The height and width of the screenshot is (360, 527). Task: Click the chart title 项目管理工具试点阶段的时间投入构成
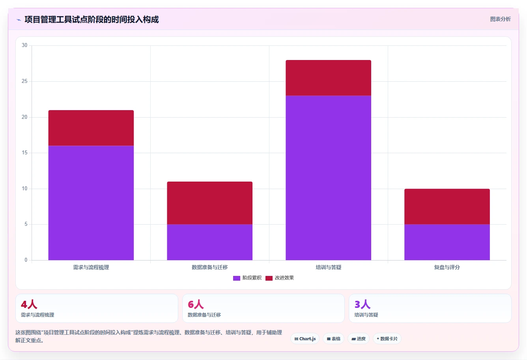pos(92,20)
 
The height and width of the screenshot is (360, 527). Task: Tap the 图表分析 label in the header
pos(500,19)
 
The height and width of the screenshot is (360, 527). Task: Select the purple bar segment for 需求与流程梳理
pos(91,203)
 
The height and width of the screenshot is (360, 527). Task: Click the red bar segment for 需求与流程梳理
pos(91,128)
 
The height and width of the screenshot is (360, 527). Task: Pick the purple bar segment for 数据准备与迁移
pos(209,242)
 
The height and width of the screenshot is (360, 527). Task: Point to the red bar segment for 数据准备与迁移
pos(209,203)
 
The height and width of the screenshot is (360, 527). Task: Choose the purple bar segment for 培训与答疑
pos(329,178)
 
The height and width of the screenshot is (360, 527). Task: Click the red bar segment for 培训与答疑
pos(329,78)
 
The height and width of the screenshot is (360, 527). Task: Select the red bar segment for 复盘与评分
pos(447,206)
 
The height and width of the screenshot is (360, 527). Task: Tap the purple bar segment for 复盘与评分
pos(447,242)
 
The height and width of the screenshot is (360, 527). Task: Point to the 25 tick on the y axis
pos(24,81)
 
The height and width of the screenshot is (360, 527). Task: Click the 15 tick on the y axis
pos(24,153)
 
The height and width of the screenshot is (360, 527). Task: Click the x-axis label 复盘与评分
pos(447,267)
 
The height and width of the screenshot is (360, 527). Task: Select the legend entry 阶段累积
pos(247,278)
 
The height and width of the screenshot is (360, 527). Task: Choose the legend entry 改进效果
pos(280,278)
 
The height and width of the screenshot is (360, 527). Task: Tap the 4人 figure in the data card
pos(29,304)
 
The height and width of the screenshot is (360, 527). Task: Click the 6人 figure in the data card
pos(196,304)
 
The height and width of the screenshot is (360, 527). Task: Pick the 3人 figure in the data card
pos(362,304)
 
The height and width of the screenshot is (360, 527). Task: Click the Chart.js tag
pos(305,339)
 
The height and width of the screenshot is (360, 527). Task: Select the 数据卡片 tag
pos(387,339)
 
